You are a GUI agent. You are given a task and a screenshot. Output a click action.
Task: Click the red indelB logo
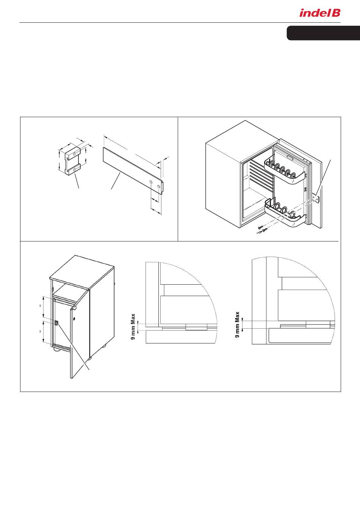pyautogui.click(x=320, y=13)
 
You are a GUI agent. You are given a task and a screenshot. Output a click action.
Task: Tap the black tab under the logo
pyautogui.click(x=323, y=33)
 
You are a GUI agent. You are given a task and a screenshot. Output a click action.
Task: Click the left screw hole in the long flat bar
pyautogui.click(x=151, y=182)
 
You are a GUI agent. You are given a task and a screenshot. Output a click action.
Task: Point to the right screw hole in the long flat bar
pyautogui.click(x=159, y=187)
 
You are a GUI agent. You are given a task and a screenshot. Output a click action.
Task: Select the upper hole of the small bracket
pyautogui.click(x=74, y=154)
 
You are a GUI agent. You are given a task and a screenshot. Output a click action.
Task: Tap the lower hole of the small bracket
pyautogui.click(x=74, y=170)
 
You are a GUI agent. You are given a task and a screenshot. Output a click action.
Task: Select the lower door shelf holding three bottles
pyautogui.click(x=285, y=213)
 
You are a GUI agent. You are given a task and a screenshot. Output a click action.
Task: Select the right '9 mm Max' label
pyautogui.click(x=237, y=324)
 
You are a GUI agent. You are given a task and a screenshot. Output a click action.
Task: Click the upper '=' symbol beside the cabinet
pyautogui.click(x=40, y=306)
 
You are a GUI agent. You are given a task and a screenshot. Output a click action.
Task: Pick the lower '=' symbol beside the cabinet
pyautogui.click(x=40, y=331)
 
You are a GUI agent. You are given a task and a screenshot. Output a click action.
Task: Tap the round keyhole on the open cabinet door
pyautogui.click(x=74, y=318)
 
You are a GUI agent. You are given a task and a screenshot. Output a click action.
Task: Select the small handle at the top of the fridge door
pyautogui.click(x=290, y=157)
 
